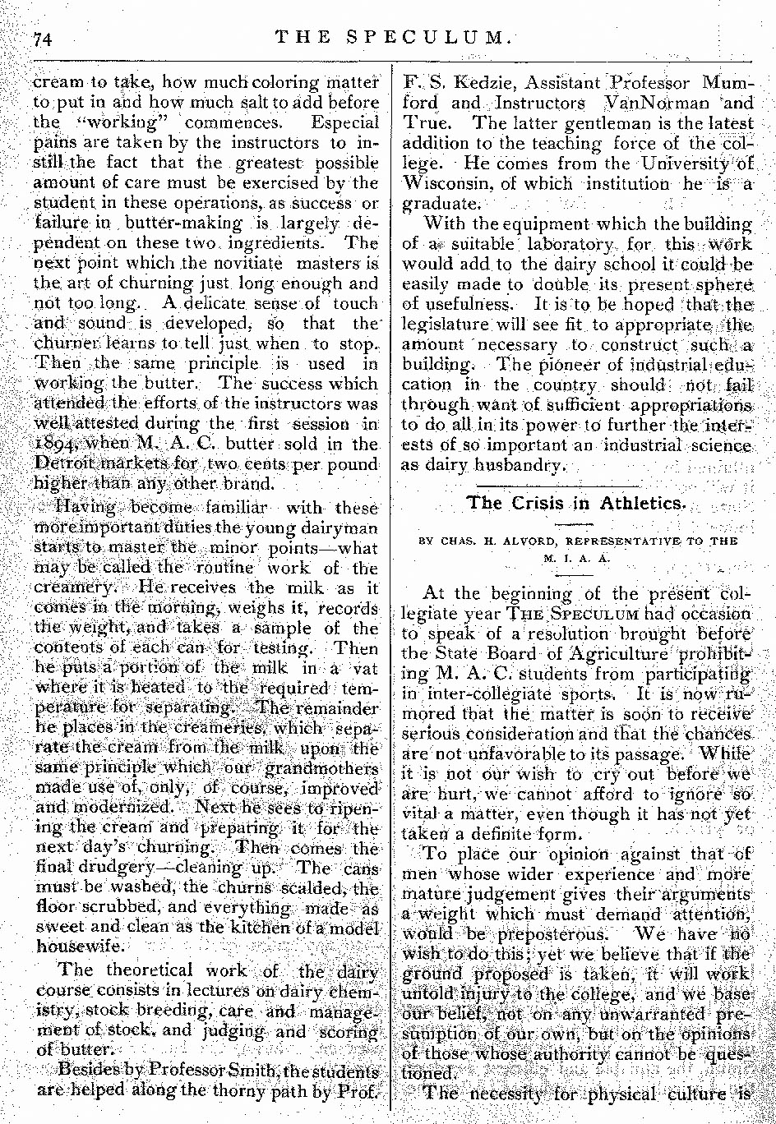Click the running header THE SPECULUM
[x=395, y=37]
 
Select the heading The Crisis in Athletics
[x=575, y=503]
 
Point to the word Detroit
[x=60, y=464]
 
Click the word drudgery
[x=104, y=867]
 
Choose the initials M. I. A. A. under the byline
[x=570, y=556]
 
